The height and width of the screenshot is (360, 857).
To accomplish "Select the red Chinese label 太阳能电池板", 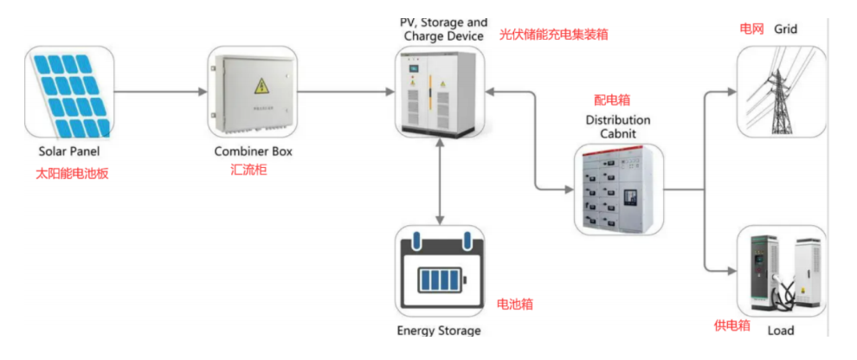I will tap(68, 174).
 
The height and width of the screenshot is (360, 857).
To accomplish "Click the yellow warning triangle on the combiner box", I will tap(259, 85).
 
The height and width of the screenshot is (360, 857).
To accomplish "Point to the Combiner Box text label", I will tap(254, 151).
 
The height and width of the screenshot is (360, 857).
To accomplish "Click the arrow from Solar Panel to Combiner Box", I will tap(160, 91).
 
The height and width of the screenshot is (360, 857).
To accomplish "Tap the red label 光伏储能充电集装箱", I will tap(554, 35).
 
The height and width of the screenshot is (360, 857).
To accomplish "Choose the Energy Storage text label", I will tap(440, 331).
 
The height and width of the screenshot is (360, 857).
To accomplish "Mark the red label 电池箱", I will tap(514, 304).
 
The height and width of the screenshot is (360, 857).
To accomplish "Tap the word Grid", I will tap(786, 29).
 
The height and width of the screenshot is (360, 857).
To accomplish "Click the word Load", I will tap(781, 331).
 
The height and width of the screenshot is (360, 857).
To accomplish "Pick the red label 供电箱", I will tap(731, 325).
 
